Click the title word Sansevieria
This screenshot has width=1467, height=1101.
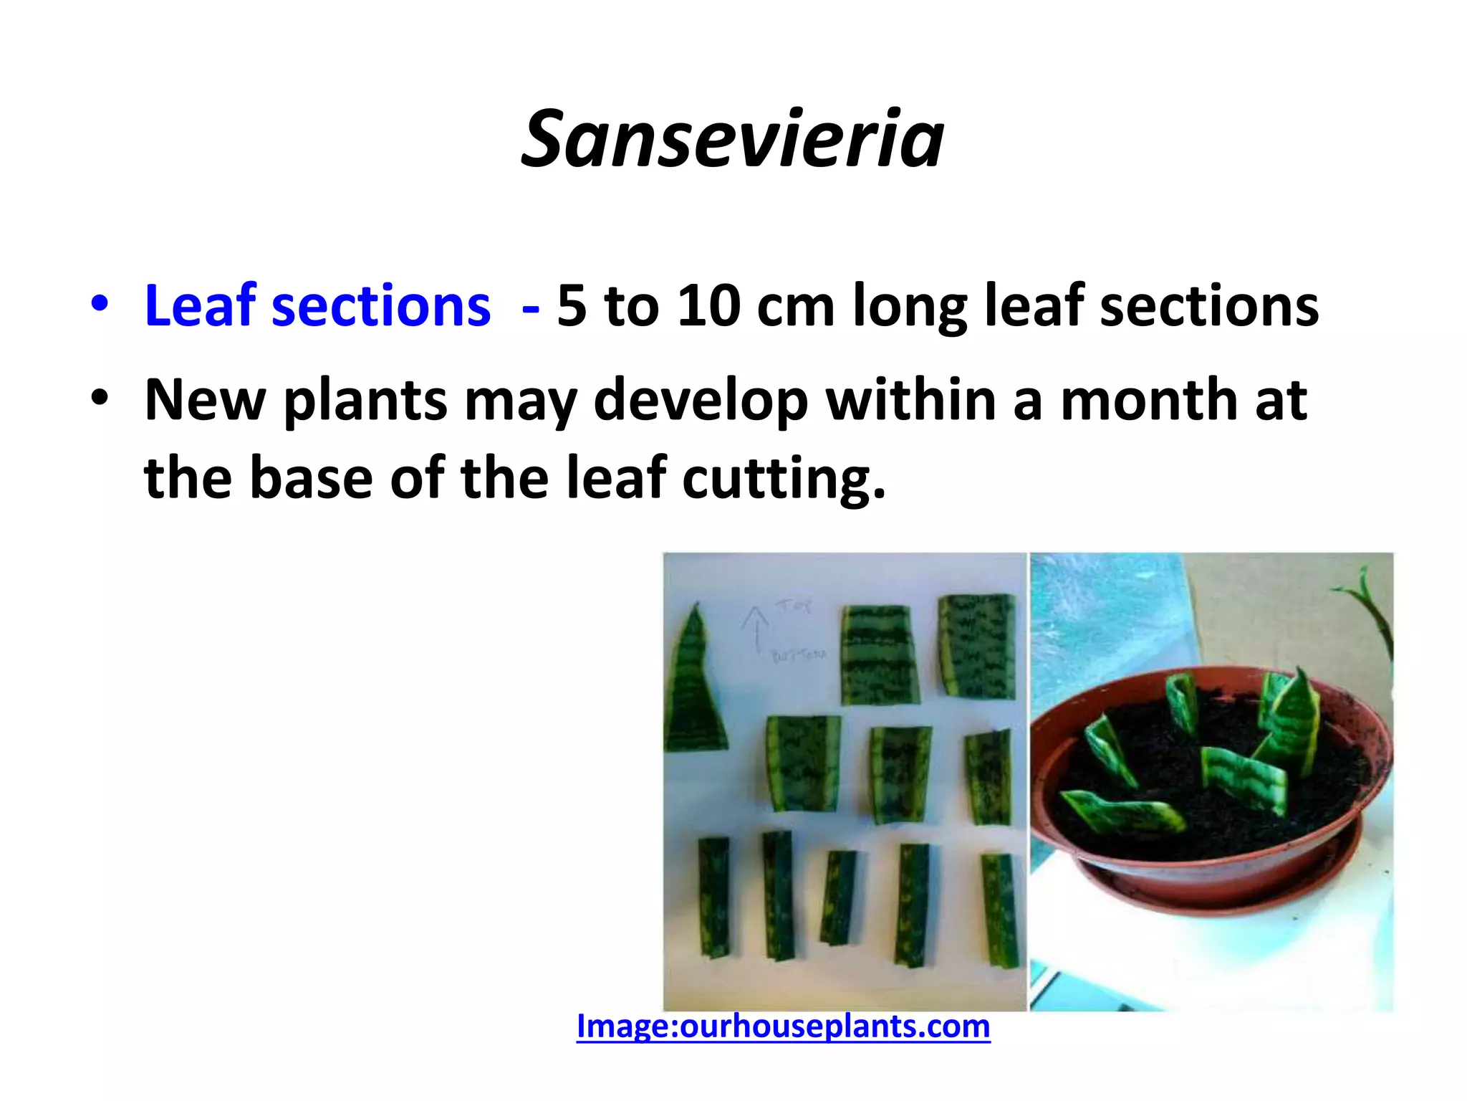click(x=732, y=139)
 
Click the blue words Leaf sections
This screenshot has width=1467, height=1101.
click(x=317, y=306)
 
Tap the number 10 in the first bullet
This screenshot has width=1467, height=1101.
click(x=708, y=306)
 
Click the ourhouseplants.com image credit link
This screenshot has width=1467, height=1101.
click(x=783, y=1026)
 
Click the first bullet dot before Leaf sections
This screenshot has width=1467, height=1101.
click(x=100, y=303)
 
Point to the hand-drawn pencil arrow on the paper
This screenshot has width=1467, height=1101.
click(x=754, y=628)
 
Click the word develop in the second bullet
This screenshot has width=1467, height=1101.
click(x=701, y=401)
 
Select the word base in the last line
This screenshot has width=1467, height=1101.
click(x=311, y=479)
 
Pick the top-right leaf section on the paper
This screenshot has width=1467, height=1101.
click(x=978, y=645)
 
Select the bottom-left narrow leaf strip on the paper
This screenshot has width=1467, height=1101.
click(x=715, y=896)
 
